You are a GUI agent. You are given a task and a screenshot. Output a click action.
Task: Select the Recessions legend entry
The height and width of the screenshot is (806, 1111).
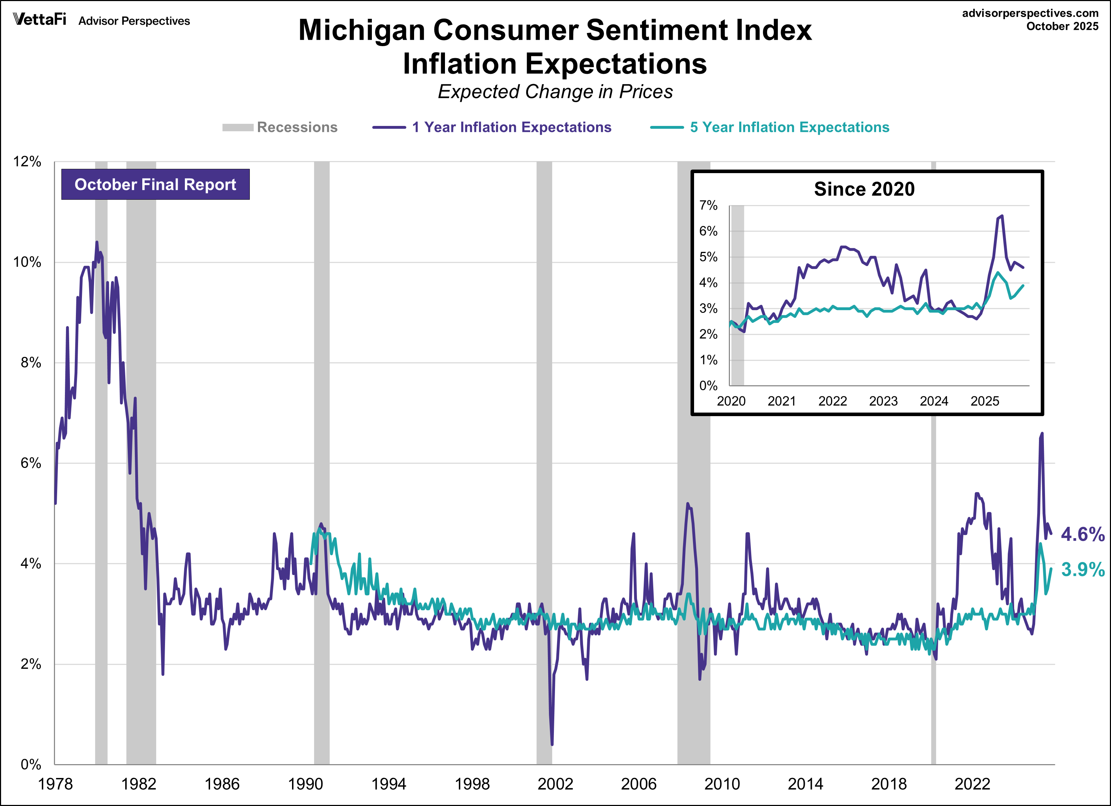[x=280, y=127]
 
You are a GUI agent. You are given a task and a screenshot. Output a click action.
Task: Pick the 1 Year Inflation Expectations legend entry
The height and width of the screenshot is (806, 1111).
[x=492, y=127]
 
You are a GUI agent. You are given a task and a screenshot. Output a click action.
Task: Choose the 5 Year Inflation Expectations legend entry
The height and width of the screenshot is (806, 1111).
[x=770, y=127]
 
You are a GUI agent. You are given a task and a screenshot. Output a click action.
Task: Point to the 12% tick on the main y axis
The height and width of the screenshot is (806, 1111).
[x=27, y=162]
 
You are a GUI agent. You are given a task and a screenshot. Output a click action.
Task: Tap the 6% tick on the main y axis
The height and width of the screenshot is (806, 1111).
[x=31, y=463]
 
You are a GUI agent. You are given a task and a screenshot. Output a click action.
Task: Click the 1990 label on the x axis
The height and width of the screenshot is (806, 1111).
[x=305, y=784]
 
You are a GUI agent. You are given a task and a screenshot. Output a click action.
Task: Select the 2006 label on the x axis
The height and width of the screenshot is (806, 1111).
[x=638, y=784]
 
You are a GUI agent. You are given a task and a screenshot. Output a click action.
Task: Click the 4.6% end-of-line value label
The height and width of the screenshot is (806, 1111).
[x=1082, y=534]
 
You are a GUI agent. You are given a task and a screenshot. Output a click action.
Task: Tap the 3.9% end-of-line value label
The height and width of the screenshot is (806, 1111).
[x=1082, y=569]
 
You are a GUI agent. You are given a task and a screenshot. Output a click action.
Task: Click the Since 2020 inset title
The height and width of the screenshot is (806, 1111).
[x=864, y=189]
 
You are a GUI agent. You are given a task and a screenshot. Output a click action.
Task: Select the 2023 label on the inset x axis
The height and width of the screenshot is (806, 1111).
[x=883, y=401]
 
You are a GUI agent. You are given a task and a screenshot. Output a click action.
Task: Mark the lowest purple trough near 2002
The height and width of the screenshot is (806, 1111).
[x=552, y=744]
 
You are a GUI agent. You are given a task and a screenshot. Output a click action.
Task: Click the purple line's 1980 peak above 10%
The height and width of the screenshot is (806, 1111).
[x=97, y=242]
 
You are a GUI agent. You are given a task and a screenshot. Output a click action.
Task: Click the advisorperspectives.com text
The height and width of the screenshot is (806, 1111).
[x=1030, y=13]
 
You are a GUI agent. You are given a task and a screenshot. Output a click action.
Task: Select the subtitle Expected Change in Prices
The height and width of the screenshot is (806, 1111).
[x=555, y=92]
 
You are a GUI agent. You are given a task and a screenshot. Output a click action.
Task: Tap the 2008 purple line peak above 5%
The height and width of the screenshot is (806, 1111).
[x=687, y=503]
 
